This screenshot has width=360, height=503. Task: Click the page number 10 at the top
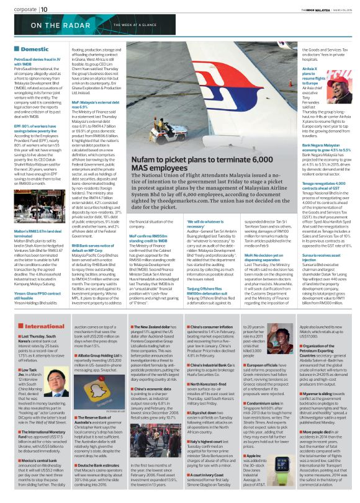tap(43, 9)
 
